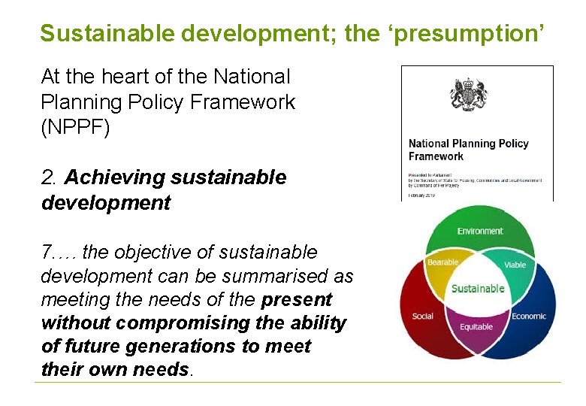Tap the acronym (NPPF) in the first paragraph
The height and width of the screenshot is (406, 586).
click(x=76, y=128)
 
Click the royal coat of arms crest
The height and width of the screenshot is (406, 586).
click(x=468, y=95)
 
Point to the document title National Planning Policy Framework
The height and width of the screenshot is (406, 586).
click(x=468, y=150)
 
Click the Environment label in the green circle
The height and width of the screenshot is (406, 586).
click(x=480, y=231)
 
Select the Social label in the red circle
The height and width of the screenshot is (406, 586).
click(x=423, y=316)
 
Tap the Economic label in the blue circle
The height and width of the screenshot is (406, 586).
click(x=529, y=316)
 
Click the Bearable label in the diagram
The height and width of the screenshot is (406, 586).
click(x=443, y=262)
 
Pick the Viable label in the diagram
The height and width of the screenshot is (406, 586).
click(x=515, y=265)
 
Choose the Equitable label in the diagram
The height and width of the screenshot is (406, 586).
click(x=476, y=327)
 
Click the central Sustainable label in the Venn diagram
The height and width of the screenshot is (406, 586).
click(x=478, y=289)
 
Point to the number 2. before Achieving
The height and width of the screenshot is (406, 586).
click(x=50, y=177)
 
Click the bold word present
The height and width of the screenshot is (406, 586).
click(x=297, y=299)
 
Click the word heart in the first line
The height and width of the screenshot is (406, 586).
click(x=118, y=76)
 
